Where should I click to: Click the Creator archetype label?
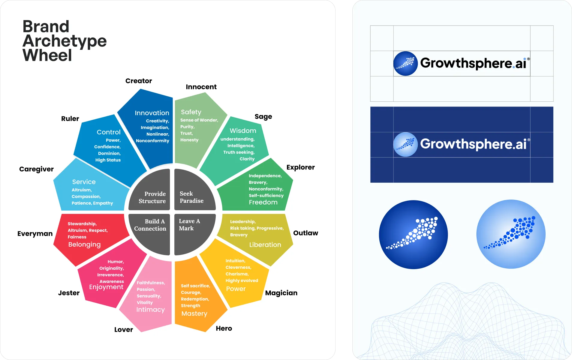(x=139, y=81)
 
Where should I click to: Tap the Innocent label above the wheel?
(x=201, y=87)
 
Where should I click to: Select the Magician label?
(x=281, y=293)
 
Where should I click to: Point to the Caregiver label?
(x=36, y=169)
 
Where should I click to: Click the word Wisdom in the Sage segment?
(x=243, y=131)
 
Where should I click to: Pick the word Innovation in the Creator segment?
(x=152, y=113)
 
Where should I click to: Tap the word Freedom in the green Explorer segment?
(x=263, y=202)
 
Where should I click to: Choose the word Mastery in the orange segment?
(x=194, y=314)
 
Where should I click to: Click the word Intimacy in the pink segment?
(x=150, y=310)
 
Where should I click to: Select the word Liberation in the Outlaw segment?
(x=265, y=245)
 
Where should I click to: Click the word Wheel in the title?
(x=47, y=55)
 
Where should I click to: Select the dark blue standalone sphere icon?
(x=413, y=234)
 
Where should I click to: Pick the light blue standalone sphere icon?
(x=511, y=234)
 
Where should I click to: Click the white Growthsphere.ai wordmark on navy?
(x=473, y=144)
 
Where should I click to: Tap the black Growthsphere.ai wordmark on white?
(x=473, y=63)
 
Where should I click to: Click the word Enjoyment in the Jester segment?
(x=106, y=287)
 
